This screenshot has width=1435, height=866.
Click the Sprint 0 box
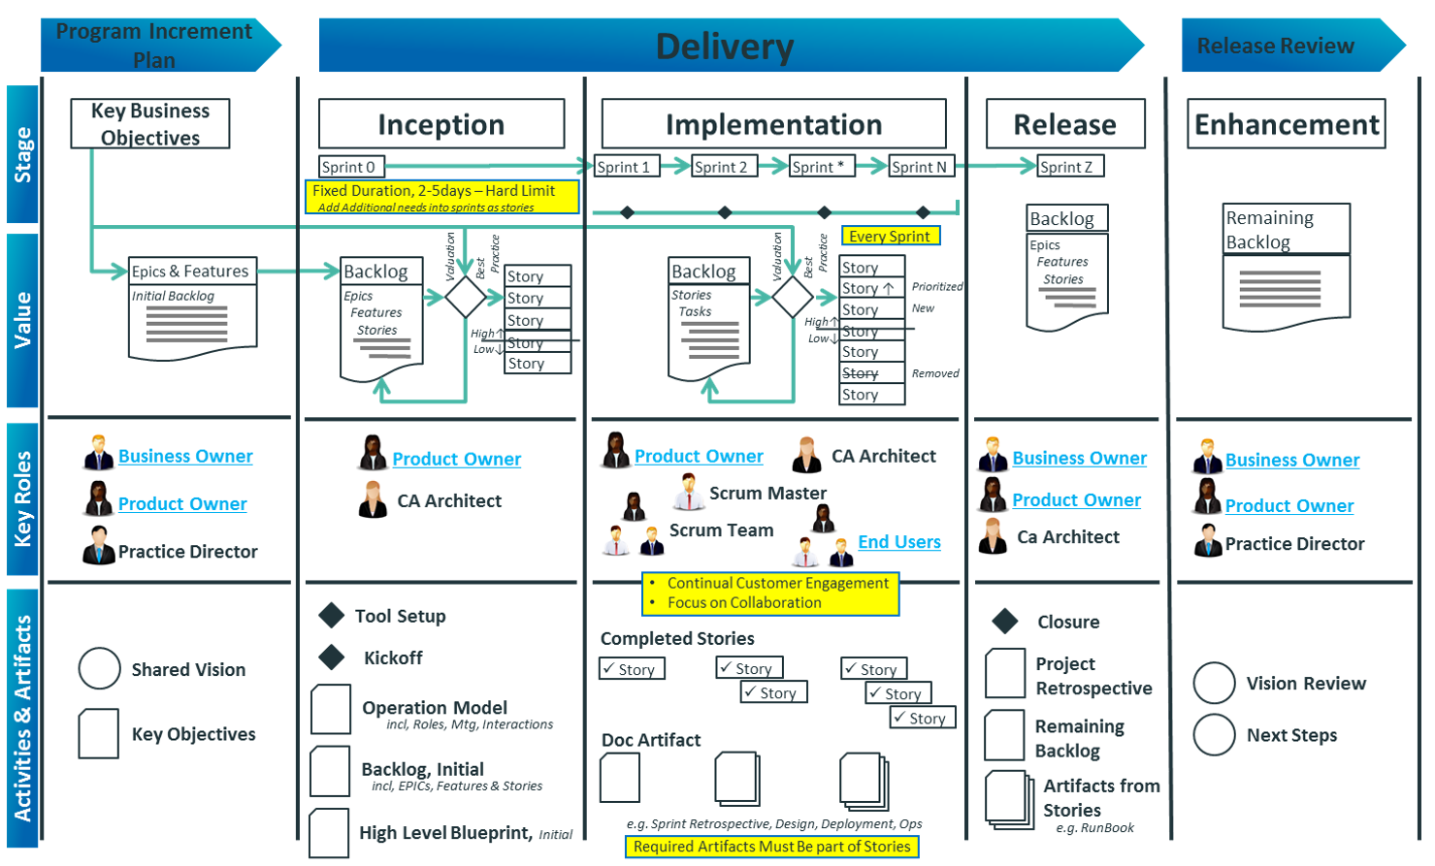[x=350, y=167]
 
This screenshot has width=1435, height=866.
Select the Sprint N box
[x=920, y=167]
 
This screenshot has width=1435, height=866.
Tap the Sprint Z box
[x=1068, y=167]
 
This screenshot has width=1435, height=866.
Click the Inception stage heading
[x=441, y=125]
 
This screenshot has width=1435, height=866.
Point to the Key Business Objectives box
[x=150, y=124]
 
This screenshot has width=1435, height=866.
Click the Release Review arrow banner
[x=1279, y=46]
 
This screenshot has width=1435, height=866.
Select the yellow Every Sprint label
[x=890, y=236]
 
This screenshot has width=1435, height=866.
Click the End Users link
[x=899, y=542]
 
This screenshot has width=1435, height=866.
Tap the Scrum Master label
[x=767, y=493]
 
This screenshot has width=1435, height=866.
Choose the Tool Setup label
[x=401, y=616]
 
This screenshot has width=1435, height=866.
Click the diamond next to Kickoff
[x=332, y=658]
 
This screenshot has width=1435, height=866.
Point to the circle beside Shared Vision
[x=99, y=669]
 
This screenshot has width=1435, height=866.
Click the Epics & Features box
[x=192, y=272]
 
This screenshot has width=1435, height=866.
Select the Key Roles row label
[x=23, y=498]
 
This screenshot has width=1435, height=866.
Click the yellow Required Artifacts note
[x=771, y=847]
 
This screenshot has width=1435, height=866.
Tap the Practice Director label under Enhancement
[x=1294, y=544]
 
